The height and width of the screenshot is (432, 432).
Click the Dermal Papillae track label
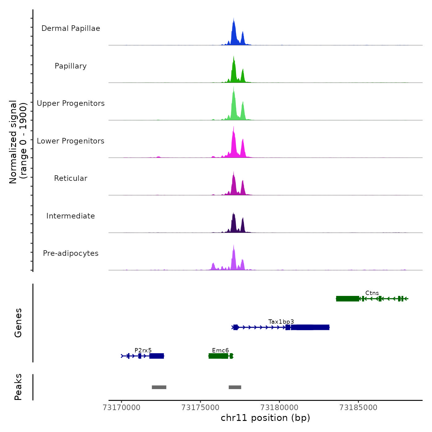coord(71,28)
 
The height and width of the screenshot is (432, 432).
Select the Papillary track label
coord(71,66)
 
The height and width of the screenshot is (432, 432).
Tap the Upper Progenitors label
coord(71,103)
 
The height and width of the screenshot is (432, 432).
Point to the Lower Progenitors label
coord(71,141)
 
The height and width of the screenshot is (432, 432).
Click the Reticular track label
coord(71,178)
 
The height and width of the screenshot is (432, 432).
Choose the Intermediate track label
coord(71,216)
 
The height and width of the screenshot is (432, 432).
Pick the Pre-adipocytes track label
coord(71,253)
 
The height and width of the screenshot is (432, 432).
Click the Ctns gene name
coord(372,293)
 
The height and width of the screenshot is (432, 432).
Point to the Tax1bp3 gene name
coord(281,322)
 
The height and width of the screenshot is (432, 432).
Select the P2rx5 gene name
coord(143,351)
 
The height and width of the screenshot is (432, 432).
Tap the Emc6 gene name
coord(220,351)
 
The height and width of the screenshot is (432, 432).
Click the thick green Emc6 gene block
coord(218,356)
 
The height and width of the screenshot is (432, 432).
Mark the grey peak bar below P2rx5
coord(159,387)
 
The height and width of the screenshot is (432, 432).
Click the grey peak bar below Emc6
coord(235,387)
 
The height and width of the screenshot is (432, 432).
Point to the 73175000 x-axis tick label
coord(201,408)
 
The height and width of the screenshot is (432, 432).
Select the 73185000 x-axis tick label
coord(358,408)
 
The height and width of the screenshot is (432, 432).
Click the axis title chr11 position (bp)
coord(265,418)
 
